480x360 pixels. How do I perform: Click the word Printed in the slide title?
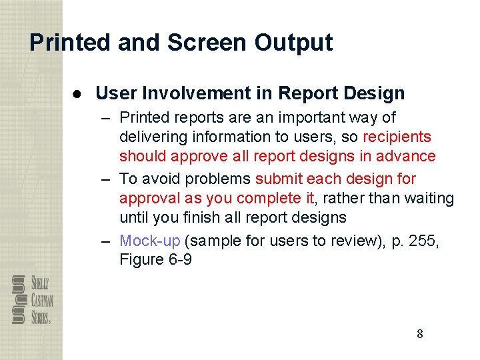coord(71,43)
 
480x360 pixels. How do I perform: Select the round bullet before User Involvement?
coord(78,94)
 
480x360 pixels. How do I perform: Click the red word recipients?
coord(397,137)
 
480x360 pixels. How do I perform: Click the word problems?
coord(219,179)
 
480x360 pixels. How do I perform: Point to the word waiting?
coord(427,199)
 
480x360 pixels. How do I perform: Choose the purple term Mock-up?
coord(150,241)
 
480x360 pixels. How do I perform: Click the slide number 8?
coord(419,334)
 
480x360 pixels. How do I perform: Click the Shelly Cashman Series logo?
coord(31,299)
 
